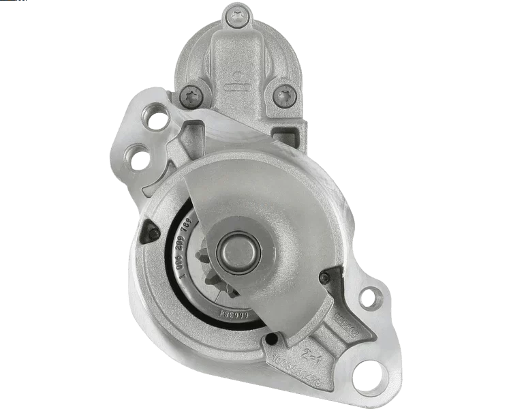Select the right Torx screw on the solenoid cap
(x=281, y=95)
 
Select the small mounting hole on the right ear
(x=369, y=298)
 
